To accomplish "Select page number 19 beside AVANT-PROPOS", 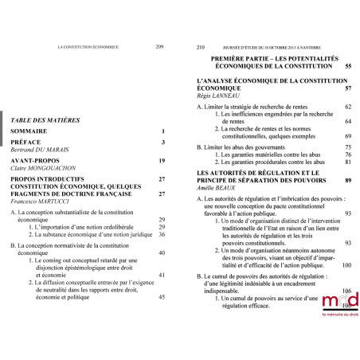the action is click(x=161, y=161).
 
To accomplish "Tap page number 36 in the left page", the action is click(x=161, y=235).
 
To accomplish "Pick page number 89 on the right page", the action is click(x=347, y=181).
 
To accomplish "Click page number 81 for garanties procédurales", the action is click(x=347, y=162).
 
